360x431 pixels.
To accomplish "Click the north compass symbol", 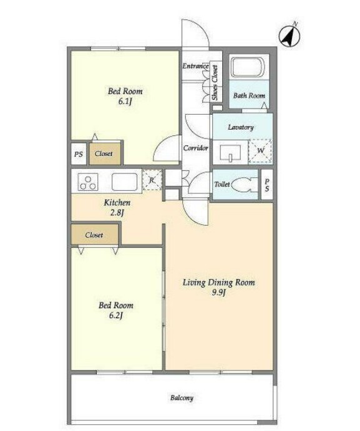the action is pos(289,37).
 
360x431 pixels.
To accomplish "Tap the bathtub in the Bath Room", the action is pos(248,67).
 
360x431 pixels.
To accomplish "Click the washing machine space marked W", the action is pos(260,151).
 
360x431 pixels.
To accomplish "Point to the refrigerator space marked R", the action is pos(152,180).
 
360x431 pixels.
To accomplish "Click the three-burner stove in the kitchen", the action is pos(88,182).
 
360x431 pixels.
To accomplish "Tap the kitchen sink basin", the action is pos(124,182).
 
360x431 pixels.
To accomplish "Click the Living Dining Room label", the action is pos(218,283).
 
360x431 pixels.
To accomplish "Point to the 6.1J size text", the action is pos(125,102).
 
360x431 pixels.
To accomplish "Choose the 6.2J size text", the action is pos(116,315).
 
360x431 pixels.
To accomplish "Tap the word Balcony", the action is pos(182,398).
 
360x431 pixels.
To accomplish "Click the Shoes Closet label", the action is pos(215,82).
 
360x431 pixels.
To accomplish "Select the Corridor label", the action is pos(195,148).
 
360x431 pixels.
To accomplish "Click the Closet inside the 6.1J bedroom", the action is pos(105,153).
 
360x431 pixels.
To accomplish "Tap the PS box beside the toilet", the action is pos(267,185).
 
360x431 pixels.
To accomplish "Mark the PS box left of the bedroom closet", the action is pos(79,154).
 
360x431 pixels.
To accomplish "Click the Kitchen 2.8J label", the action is pos(117,208).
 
